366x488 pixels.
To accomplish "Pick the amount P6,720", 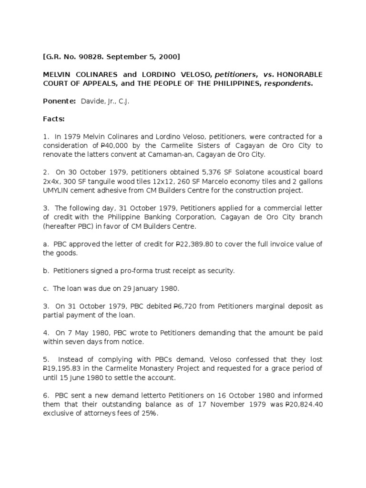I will click(183, 306).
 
